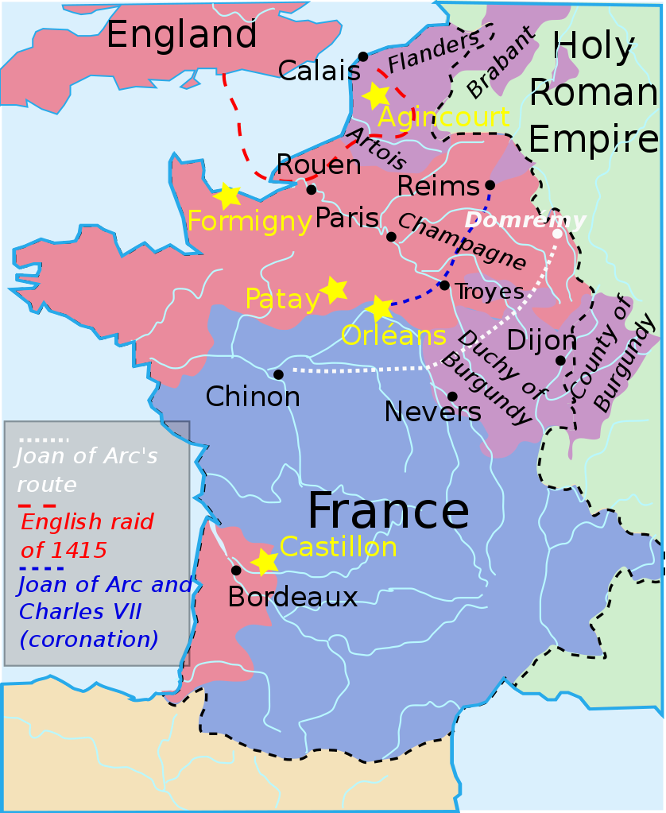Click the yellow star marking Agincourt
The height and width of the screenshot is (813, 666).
(x=375, y=95)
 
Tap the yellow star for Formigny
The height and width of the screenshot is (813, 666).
(x=227, y=196)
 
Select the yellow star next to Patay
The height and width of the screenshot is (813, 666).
(x=334, y=290)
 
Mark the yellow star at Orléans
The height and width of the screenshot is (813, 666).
(x=380, y=308)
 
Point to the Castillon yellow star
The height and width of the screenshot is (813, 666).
(x=265, y=562)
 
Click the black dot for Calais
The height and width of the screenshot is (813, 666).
(x=363, y=56)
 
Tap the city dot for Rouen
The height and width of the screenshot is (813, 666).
(x=311, y=189)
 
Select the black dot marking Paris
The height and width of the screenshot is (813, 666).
(x=391, y=237)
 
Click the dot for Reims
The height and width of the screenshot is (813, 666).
(x=488, y=187)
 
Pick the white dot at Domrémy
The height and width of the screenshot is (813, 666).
(x=557, y=234)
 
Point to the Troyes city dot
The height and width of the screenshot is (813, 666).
(x=444, y=285)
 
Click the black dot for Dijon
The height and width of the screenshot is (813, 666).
(x=560, y=361)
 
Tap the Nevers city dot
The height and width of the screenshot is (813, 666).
(x=452, y=396)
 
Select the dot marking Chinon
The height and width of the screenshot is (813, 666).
(x=278, y=374)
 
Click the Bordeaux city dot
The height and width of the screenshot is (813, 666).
(x=236, y=570)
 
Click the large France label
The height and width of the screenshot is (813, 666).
(x=388, y=511)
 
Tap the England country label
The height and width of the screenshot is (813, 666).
(x=181, y=35)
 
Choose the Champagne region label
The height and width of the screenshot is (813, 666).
(x=462, y=242)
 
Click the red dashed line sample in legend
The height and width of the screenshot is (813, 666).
(x=38, y=505)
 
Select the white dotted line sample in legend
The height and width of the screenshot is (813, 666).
(x=44, y=439)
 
